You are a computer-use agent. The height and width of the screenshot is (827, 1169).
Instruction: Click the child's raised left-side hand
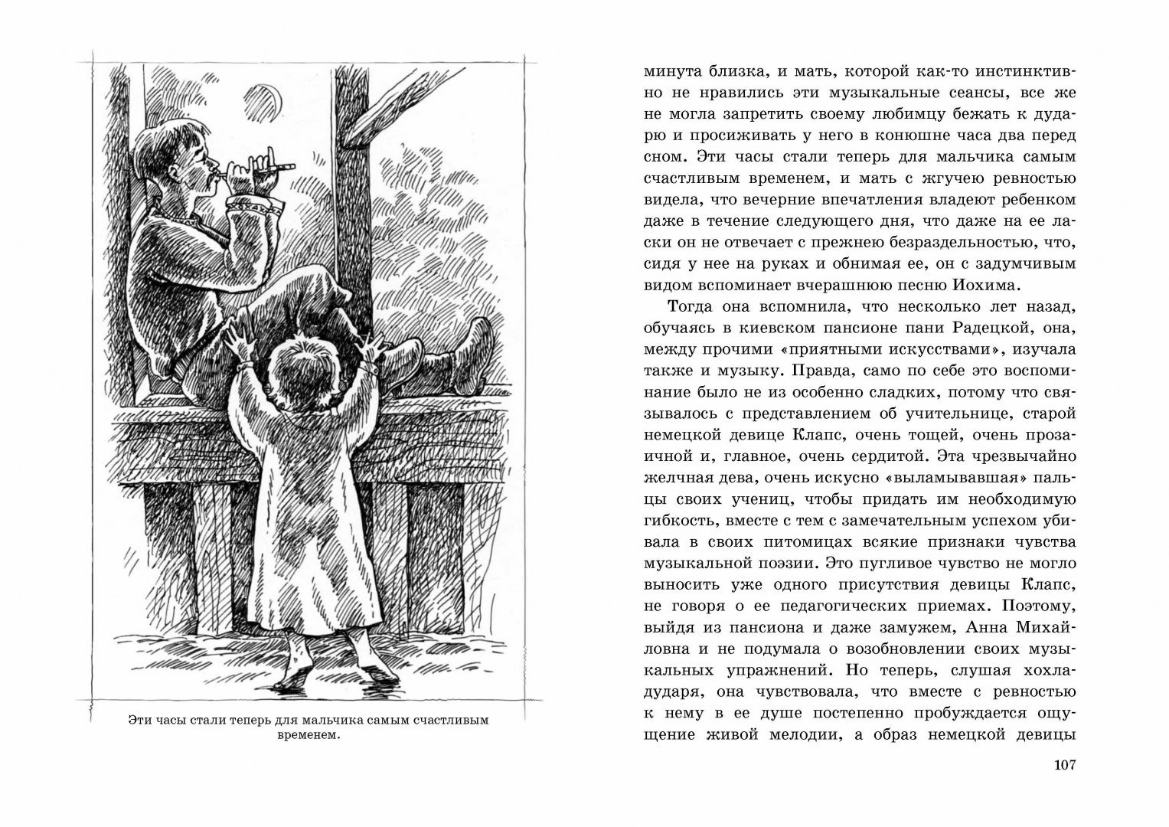pyautogui.click(x=233, y=335)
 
